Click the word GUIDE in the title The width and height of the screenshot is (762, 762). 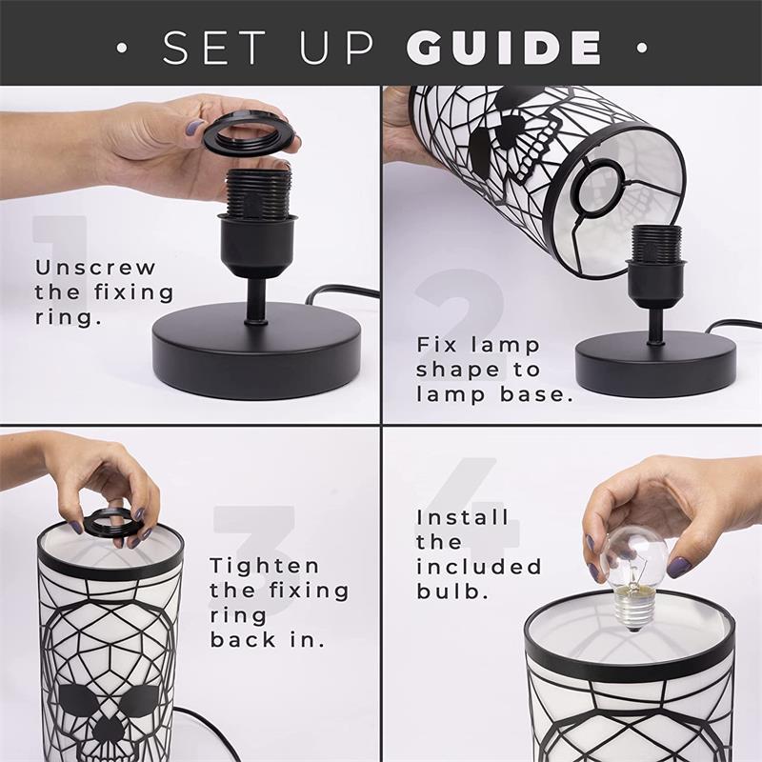click(x=506, y=47)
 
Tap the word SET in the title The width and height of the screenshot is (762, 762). click(x=211, y=47)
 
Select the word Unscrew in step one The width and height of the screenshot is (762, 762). click(x=95, y=268)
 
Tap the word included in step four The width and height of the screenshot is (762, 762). click(x=479, y=568)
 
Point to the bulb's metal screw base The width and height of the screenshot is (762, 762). click(x=628, y=610)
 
